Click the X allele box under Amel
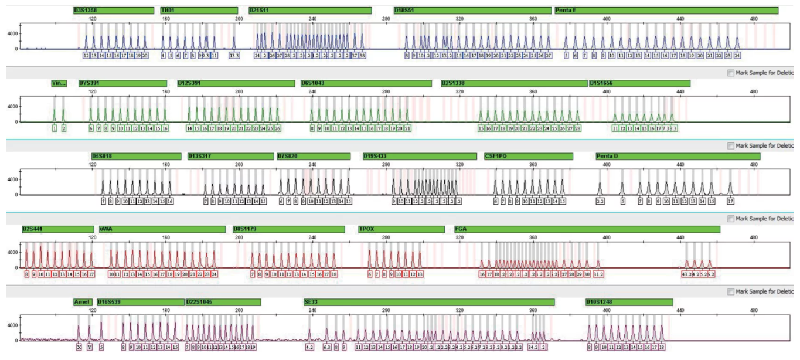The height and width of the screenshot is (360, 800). point(79,347)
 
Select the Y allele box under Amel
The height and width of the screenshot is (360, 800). point(90,347)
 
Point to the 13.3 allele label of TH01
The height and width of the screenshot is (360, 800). point(234,56)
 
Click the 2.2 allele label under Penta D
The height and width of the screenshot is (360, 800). point(600,201)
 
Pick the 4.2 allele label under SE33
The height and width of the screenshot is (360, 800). point(309,347)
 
